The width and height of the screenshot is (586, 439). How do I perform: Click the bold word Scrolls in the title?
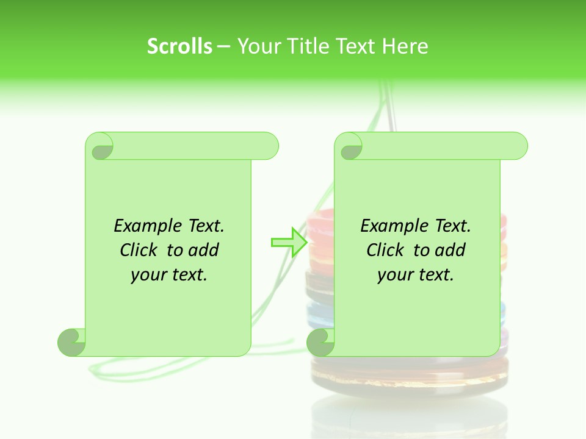[x=179, y=46]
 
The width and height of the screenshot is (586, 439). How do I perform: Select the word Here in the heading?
[x=405, y=46]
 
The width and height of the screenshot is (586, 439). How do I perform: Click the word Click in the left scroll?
[x=138, y=251]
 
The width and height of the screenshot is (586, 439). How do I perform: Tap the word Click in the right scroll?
[x=385, y=251]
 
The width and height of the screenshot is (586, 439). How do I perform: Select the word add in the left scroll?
[x=203, y=251]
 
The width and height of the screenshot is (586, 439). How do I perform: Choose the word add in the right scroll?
[x=450, y=251]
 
